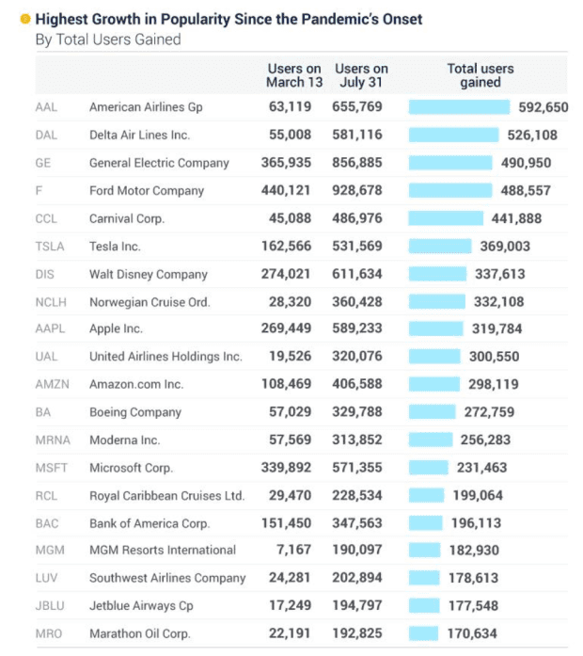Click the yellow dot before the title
coord(24,19)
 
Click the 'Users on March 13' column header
coord(294,75)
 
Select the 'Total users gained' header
coord(480,75)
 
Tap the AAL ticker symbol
coord(46,107)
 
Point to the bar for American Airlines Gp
coord(459,107)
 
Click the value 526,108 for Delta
coord(531,135)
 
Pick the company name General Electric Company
coord(159,163)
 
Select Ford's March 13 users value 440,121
coord(291,190)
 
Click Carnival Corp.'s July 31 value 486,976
coord(357,218)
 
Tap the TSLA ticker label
coord(48,246)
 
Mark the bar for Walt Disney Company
coord(437,274)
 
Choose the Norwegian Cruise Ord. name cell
coord(150,302)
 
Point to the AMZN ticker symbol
coord(49,384)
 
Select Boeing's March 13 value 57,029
coord(296,411)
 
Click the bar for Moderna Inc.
coord(432,440)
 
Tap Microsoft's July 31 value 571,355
coord(357,468)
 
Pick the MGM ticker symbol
coord(48,550)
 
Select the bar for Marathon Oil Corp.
coord(424,633)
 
